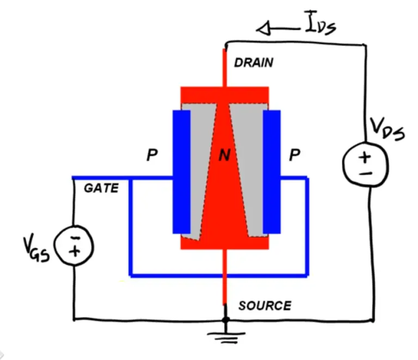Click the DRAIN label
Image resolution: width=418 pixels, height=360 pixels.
click(x=254, y=63)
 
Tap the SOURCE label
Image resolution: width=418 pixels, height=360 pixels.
click(x=265, y=306)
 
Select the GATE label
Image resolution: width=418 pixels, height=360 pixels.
click(x=101, y=188)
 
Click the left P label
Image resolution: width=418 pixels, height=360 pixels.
click(x=152, y=156)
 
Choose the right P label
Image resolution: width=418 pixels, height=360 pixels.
click(x=294, y=156)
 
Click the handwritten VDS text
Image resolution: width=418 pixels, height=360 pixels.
click(x=387, y=129)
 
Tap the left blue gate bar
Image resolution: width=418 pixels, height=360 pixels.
click(x=181, y=171)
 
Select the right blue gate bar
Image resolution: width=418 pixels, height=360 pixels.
click(x=271, y=171)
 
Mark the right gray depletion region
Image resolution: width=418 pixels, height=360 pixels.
click(x=249, y=163)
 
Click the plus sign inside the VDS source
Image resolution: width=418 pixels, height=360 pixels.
click(x=365, y=157)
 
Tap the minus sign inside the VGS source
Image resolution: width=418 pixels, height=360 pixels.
click(x=75, y=238)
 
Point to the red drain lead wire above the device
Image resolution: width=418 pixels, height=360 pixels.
click(x=224, y=68)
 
